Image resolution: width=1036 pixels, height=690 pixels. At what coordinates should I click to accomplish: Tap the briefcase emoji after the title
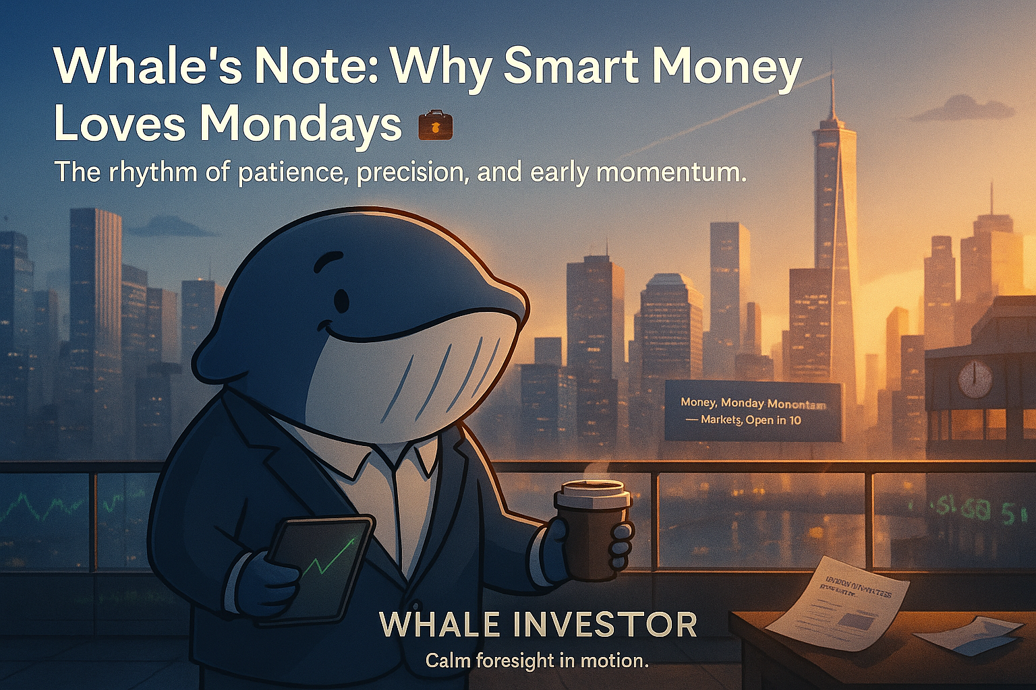point(435,125)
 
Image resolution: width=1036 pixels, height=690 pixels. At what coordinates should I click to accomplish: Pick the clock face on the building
point(975,379)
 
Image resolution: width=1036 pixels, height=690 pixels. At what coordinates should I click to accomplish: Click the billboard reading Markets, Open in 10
point(752,411)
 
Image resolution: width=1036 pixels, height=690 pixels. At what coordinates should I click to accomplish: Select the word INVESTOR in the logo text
point(605,625)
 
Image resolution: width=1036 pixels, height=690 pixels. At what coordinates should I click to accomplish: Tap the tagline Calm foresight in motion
point(537,660)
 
